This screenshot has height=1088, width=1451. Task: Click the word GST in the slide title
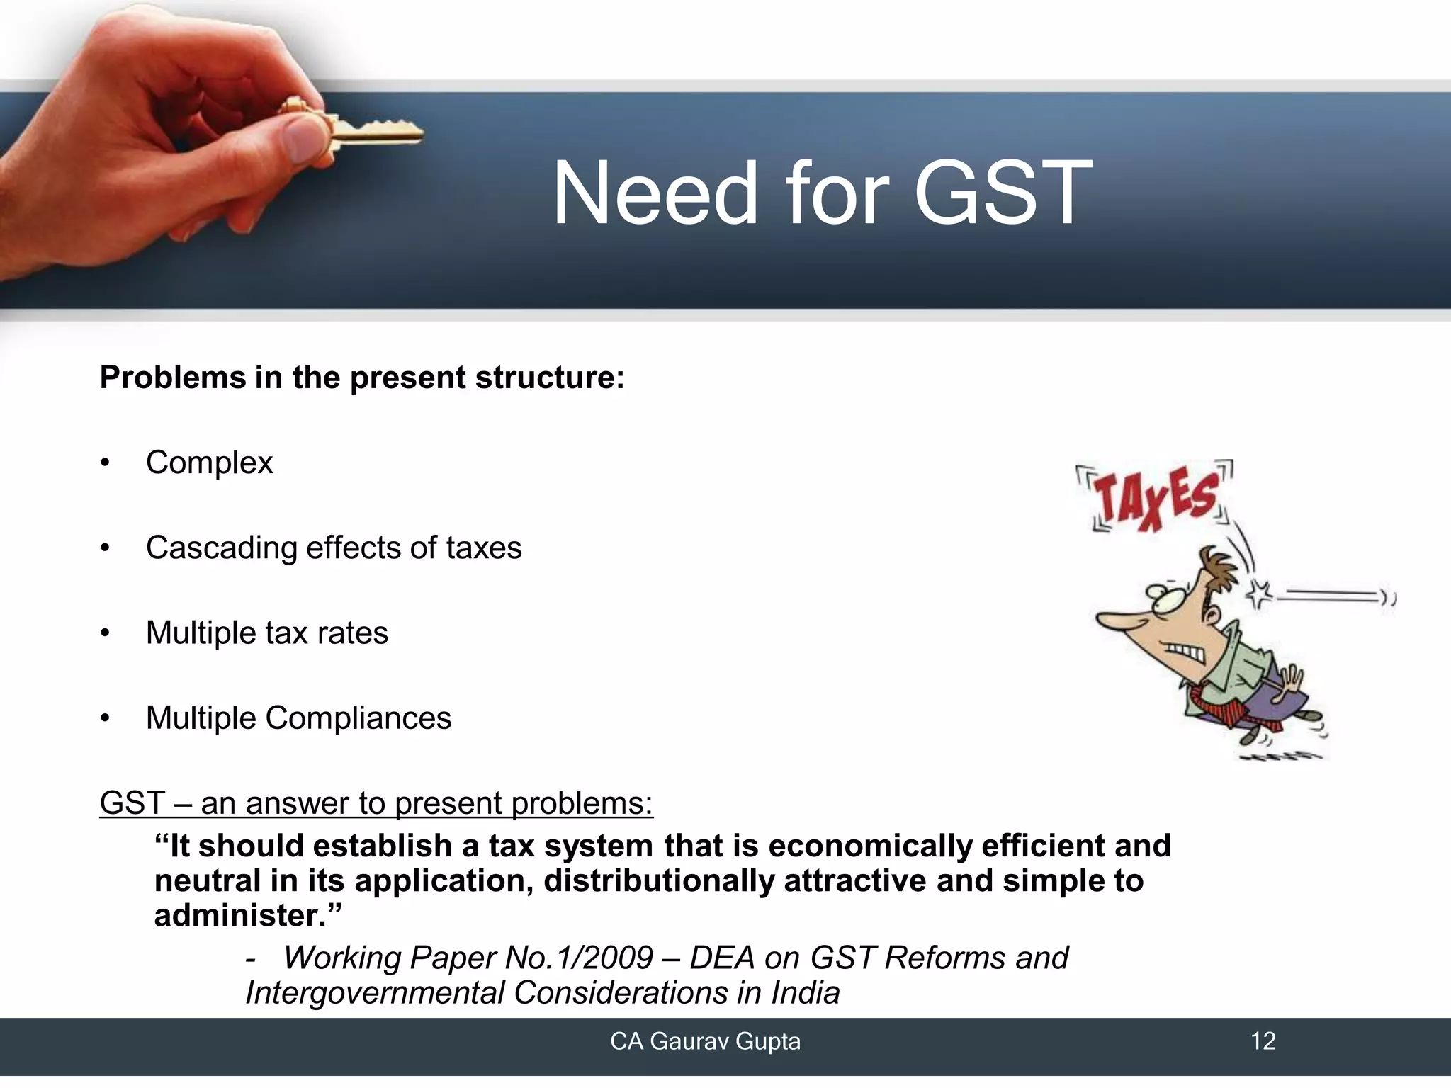click(x=1003, y=193)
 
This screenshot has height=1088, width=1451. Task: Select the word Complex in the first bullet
click(x=209, y=463)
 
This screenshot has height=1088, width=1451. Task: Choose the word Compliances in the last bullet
click(x=358, y=718)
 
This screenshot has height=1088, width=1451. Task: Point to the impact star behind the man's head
click(x=1259, y=594)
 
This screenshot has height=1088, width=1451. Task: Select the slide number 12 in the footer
click(x=1263, y=1041)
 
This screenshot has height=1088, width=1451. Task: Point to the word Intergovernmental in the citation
click(x=375, y=992)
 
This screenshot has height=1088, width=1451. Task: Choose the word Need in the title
click(x=655, y=193)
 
